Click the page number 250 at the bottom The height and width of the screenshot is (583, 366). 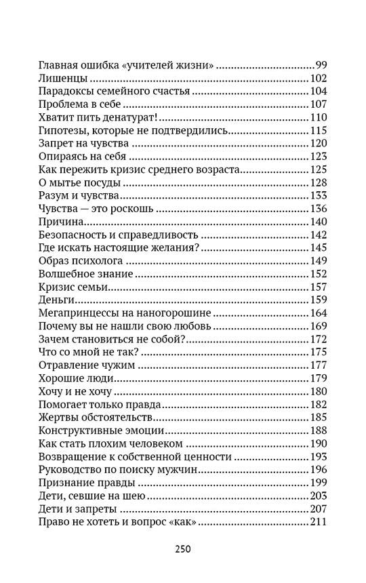coord(183,548)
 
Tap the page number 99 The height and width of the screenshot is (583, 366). coord(321,65)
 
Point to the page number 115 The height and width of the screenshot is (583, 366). coord(318,130)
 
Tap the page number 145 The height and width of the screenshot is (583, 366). coord(318,247)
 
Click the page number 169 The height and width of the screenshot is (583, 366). coord(318,325)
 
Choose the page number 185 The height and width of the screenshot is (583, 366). coord(318,416)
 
